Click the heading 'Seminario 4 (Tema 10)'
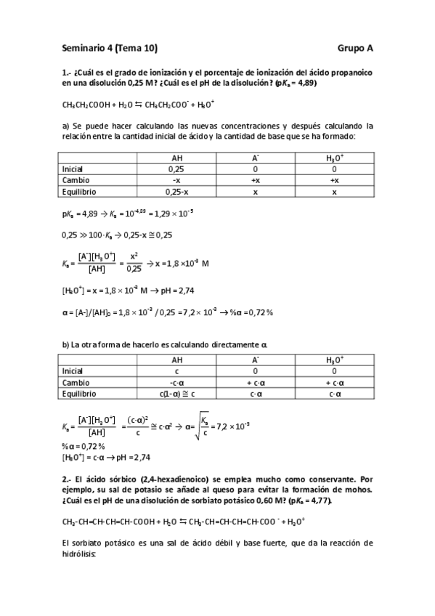pyautogui.click(x=109, y=49)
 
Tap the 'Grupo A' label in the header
pyautogui.click(x=355, y=49)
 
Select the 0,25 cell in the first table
pyautogui.click(x=176, y=169)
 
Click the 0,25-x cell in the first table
pyautogui.click(x=176, y=192)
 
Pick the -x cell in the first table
pyautogui.click(x=176, y=180)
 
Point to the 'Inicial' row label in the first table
pyautogui.click(x=74, y=169)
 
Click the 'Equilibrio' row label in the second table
pyautogui.click(x=79, y=393)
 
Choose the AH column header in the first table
pyautogui.click(x=176, y=157)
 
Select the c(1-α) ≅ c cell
pyautogui.click(x=176, y=393)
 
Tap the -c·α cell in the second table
pyautogui.click(x=176, y=381)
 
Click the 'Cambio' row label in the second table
pyautogui.click(x=76, y=381)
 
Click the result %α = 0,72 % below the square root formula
pyautogui.click(x=84, y=445)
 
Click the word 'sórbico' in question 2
pyautogui.click(x=111, y=479)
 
